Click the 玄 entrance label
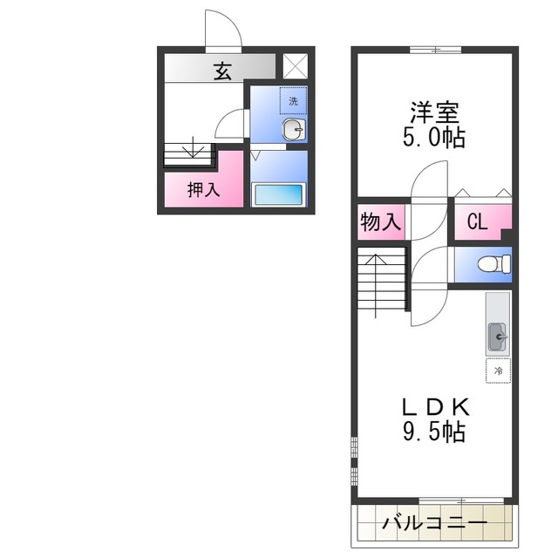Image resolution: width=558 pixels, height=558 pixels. tap(222, 71)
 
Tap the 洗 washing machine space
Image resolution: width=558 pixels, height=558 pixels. tap(293, 101)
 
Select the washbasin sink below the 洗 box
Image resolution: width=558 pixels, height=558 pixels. tap(294, 130)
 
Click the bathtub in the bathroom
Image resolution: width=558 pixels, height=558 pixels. tap(279, 194)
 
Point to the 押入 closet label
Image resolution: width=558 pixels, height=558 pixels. tap(203, 190)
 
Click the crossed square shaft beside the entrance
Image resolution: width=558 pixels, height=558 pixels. tap(295, 66)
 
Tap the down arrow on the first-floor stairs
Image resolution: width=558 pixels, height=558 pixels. tap(193, 147)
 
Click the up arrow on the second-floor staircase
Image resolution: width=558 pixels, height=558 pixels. tap(376, 285)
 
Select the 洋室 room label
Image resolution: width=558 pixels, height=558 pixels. tap(434, 112)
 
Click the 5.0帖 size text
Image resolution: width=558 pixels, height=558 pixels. tap(434, 137)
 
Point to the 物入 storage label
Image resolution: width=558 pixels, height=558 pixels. tap(380, 222)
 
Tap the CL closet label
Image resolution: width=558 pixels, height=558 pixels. tap(477, 222)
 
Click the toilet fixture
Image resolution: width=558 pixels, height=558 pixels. tap(494, 264)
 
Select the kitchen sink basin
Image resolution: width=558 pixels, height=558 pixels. tap(498, 337)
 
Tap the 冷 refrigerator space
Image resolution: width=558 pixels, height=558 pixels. tap(498, 371)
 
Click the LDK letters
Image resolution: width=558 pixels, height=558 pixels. tap(436, 408)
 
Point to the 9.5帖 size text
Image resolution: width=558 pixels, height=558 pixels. tap(434, 432)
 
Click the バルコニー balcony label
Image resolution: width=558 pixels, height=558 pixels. tap(434, 523)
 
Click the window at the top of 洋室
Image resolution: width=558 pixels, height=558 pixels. tap(436, 50)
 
